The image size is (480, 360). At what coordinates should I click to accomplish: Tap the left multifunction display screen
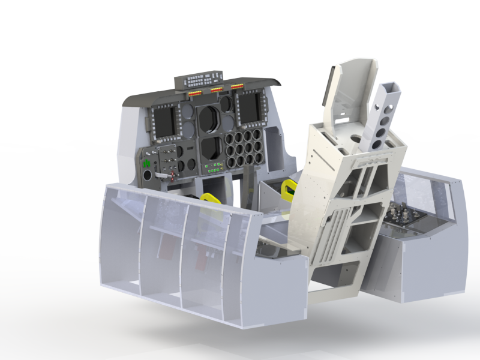pos(164,120)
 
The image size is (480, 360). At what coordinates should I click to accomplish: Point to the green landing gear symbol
pos(146,161)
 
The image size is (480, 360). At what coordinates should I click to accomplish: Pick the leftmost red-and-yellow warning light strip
pos(196,94)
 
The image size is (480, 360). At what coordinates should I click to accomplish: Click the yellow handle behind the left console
pos(211,198)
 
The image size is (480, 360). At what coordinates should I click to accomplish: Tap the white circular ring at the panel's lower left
pos(147,175)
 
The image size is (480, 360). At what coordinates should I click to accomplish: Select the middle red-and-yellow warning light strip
pos(217,91)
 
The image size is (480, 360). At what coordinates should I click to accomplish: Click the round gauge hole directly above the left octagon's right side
pos(225,104)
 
